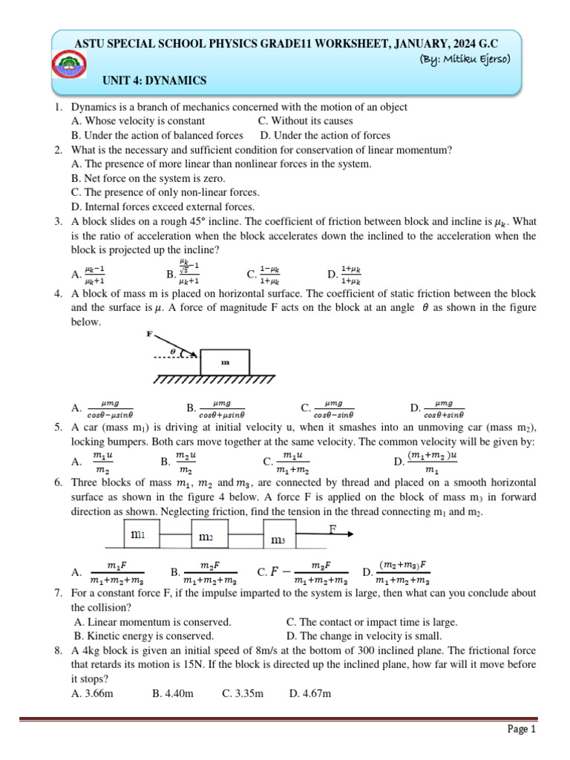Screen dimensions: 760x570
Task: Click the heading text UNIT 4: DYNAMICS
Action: point(154,81)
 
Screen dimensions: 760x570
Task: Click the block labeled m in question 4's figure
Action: point(225,361)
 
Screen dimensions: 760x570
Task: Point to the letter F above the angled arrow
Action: point(150,334)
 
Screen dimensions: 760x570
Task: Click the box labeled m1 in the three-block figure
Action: point(139,534)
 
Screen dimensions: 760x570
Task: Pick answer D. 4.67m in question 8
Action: point(309,693)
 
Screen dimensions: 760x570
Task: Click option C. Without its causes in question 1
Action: point(306,121)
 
